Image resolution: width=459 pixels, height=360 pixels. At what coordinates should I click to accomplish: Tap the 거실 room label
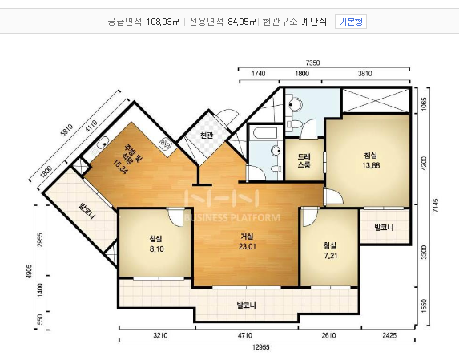tap(247, 236)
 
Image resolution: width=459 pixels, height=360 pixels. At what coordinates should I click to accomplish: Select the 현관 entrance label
tap(207, 136)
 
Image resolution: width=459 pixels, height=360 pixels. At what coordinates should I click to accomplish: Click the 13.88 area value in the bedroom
tap(371, 164)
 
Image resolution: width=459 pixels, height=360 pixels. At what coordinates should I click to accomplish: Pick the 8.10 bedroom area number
tap(155, 249)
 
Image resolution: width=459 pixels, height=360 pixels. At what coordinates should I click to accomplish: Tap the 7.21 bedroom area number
tap(329, 255)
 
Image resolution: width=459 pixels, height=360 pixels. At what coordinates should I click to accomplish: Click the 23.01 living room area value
tap(247, 246)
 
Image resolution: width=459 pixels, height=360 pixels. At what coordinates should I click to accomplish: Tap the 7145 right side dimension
tap(436, 204)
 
